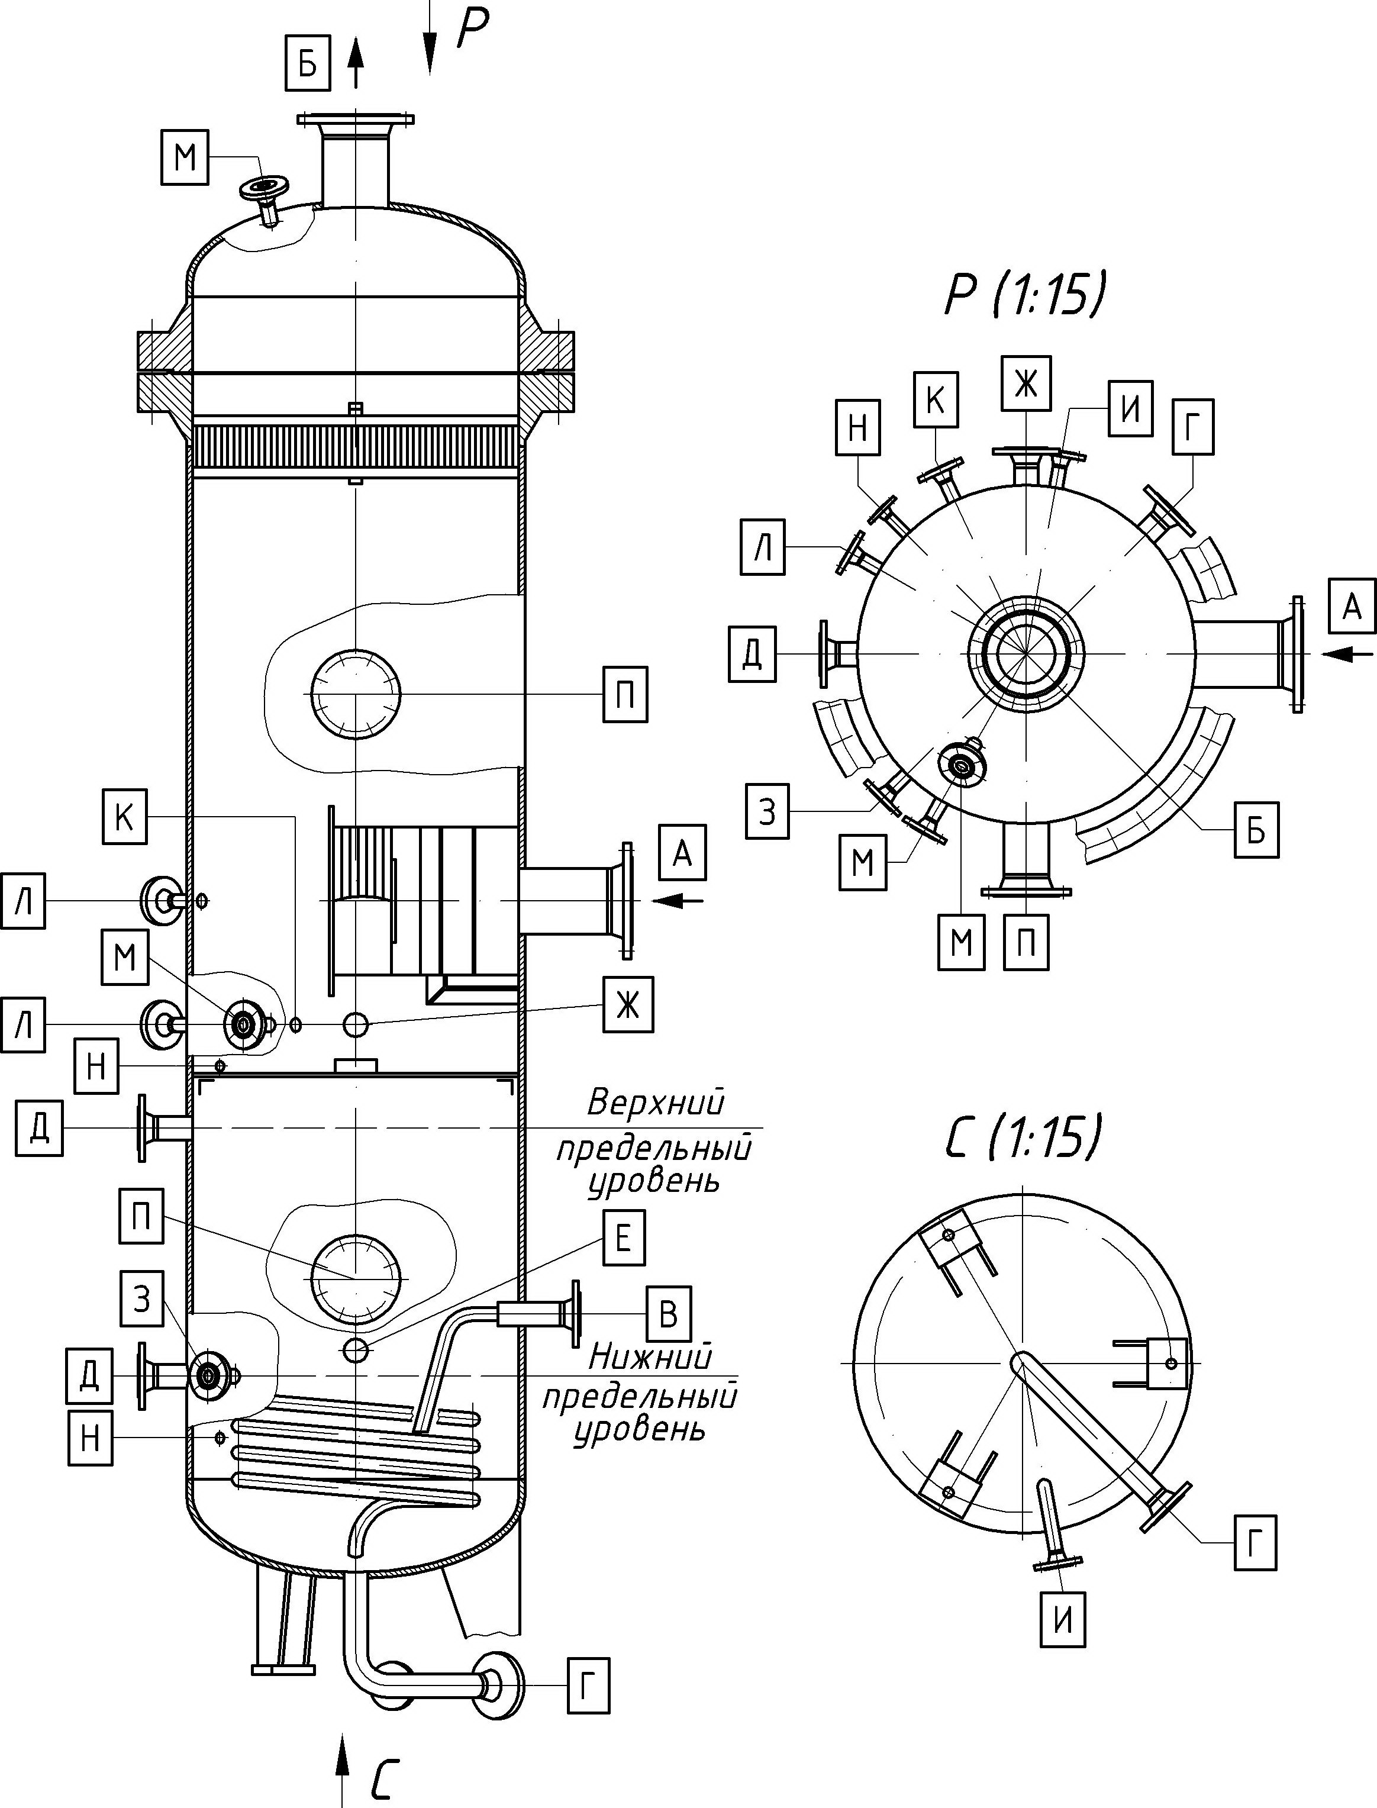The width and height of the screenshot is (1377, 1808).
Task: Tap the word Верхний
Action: click(656, 1103)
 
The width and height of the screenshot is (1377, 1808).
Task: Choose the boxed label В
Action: click(668, 1314)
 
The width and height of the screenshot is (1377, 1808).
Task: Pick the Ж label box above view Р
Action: click(1026, 383)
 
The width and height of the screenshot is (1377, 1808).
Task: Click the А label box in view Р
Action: click(1352, 607)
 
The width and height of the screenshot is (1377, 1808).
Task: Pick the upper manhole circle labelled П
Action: click(356, 694)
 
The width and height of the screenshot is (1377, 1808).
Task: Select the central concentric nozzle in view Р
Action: click(1026, 653)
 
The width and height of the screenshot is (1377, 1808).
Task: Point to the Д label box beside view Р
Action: click(752, 653)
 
